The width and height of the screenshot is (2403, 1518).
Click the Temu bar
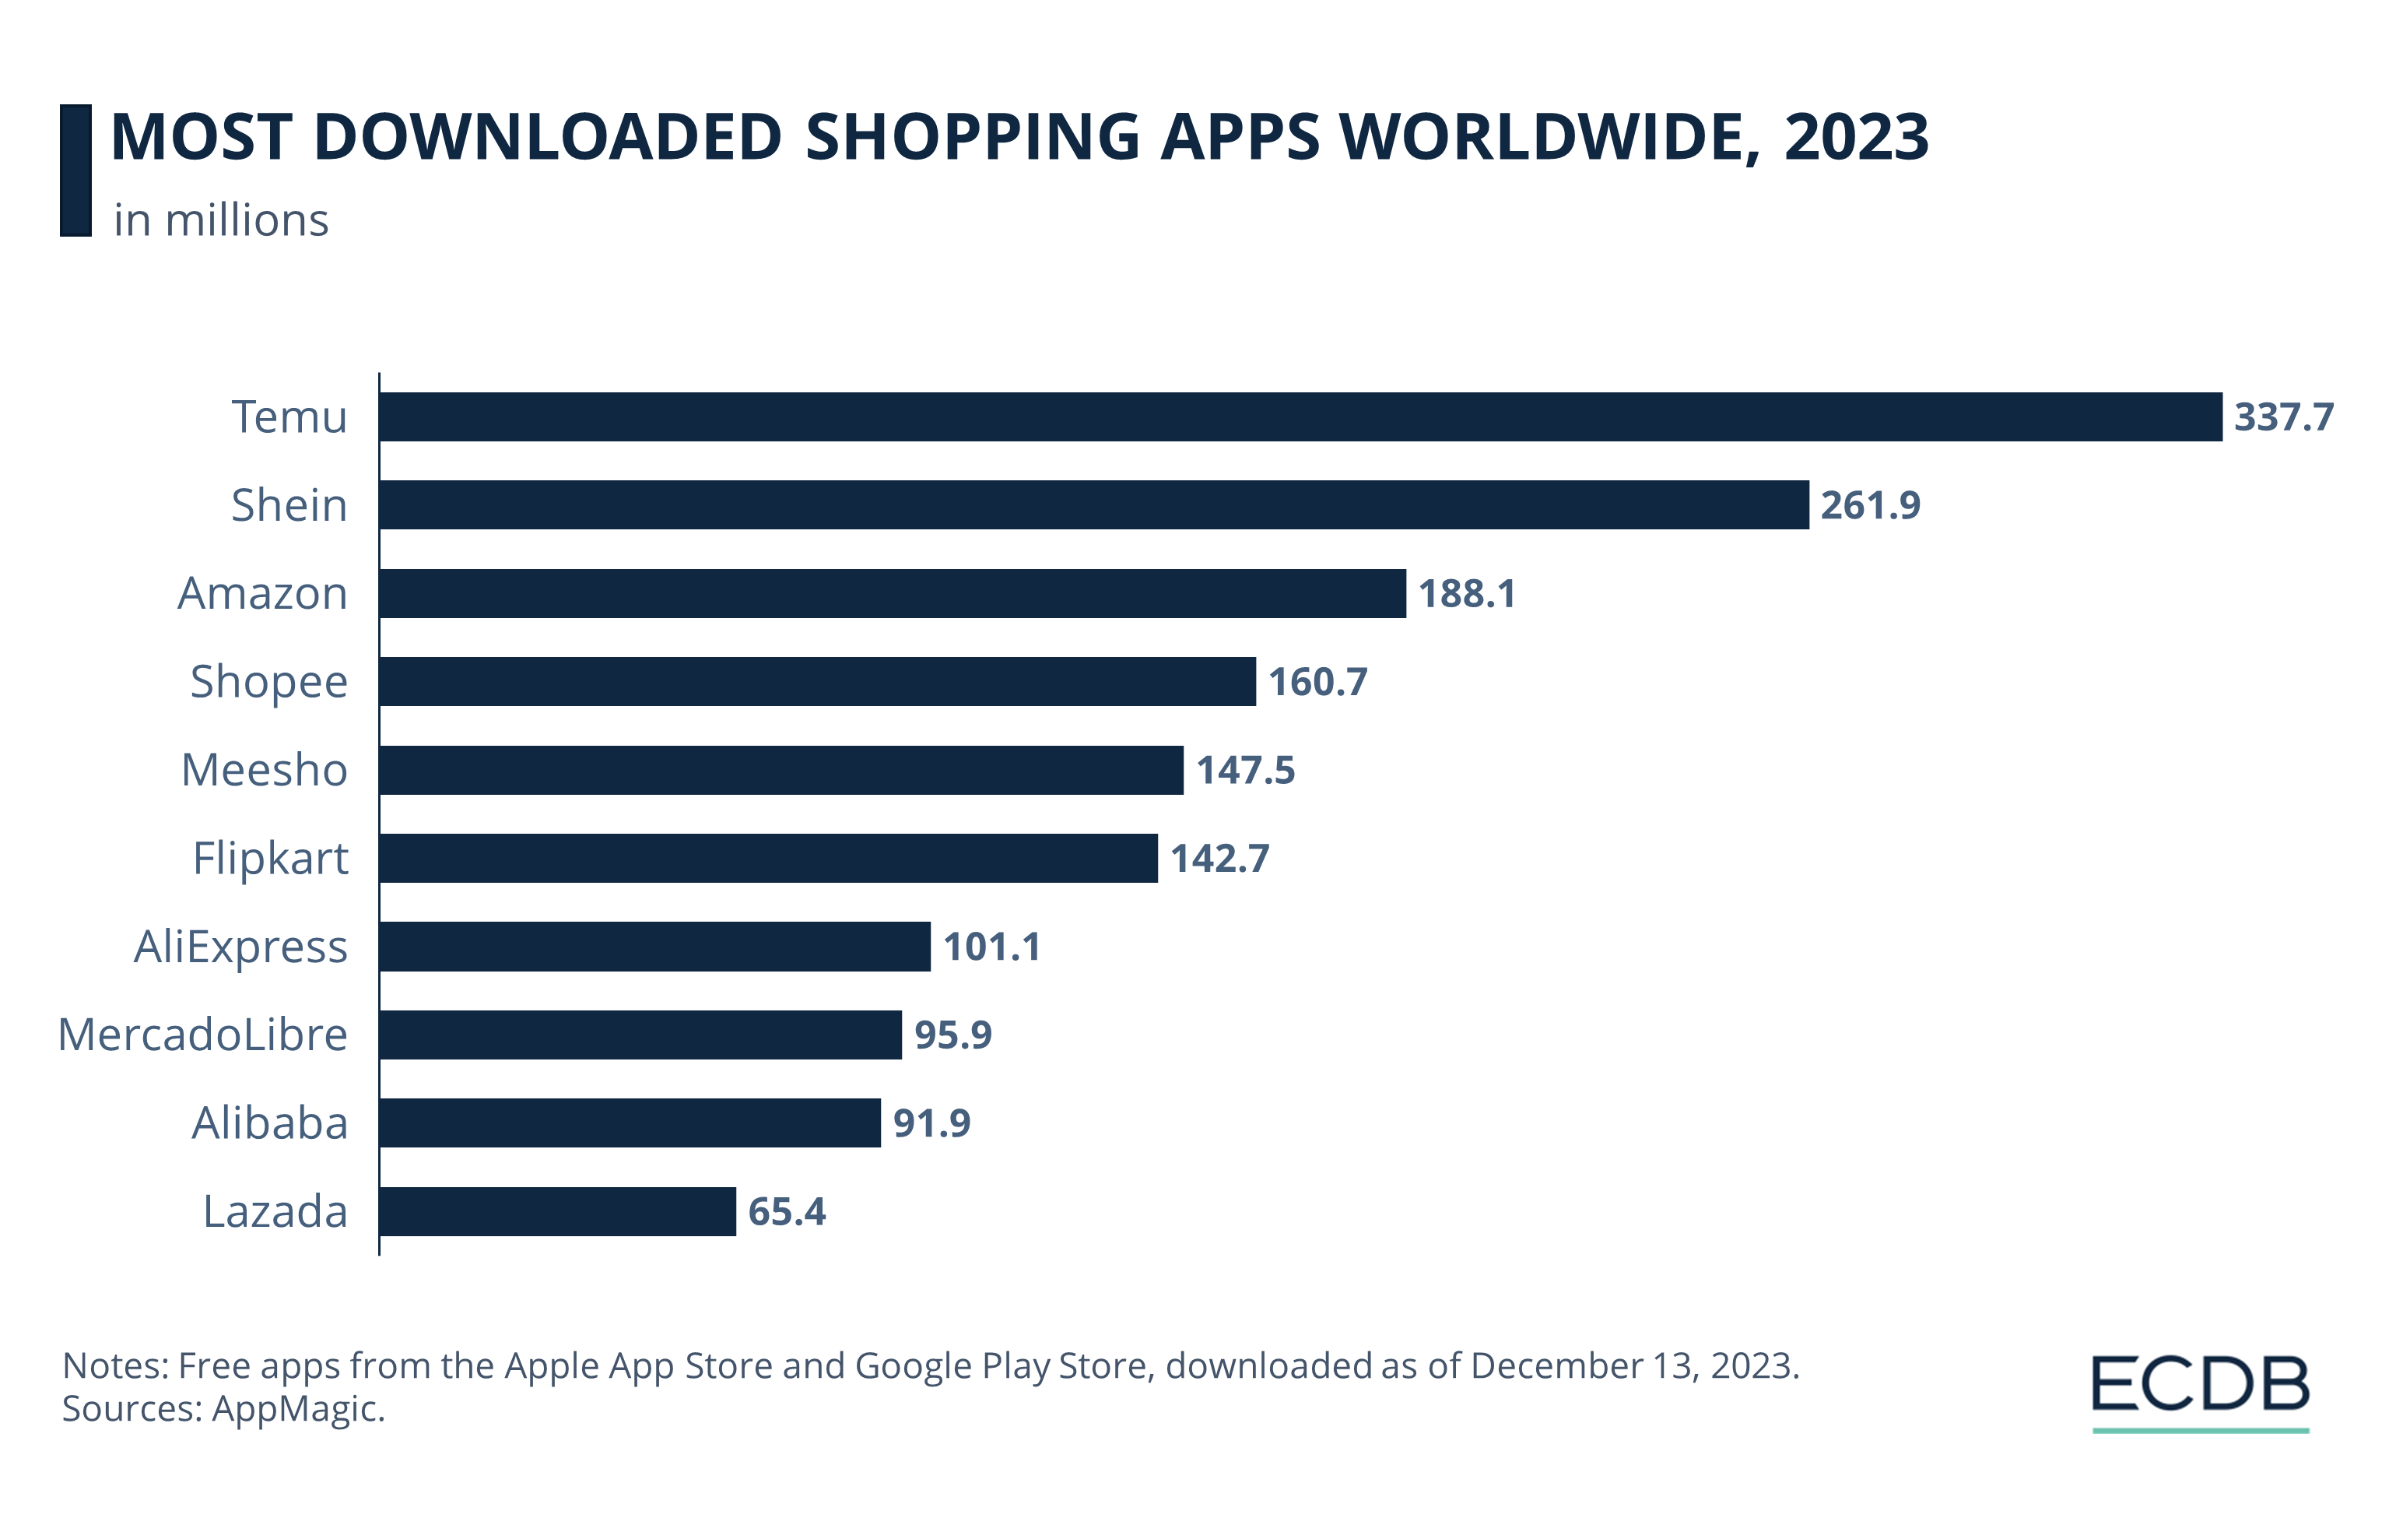pos(1300,416)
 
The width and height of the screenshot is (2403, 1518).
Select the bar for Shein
pos(1094,505)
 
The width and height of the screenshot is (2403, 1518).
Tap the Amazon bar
pos(892,593)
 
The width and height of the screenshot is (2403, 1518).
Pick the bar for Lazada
pos(558,1211)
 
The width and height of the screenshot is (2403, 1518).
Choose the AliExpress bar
pos(654,946)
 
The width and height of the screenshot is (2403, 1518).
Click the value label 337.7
pos(2283,417)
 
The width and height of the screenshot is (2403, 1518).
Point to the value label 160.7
pos(1317,682)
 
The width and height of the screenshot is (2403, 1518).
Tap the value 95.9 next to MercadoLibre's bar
pos(953,1035)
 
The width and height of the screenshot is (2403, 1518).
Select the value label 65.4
pos(787,1211)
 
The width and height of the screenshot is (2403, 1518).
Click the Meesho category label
pos(265,771)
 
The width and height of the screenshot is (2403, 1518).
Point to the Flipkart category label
pos(271,859)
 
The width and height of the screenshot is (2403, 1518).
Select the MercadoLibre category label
pos(202,1035)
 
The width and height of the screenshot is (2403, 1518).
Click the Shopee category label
pos(268,683)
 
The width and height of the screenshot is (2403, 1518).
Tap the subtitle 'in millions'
pos(220,220)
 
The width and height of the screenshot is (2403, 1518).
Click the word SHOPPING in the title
pos(972,137)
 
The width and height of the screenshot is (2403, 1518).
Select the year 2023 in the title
pos(1856,137)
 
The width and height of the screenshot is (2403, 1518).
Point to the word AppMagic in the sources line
pos(297,1408)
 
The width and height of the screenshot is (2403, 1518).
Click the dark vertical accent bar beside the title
pos(75,170)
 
